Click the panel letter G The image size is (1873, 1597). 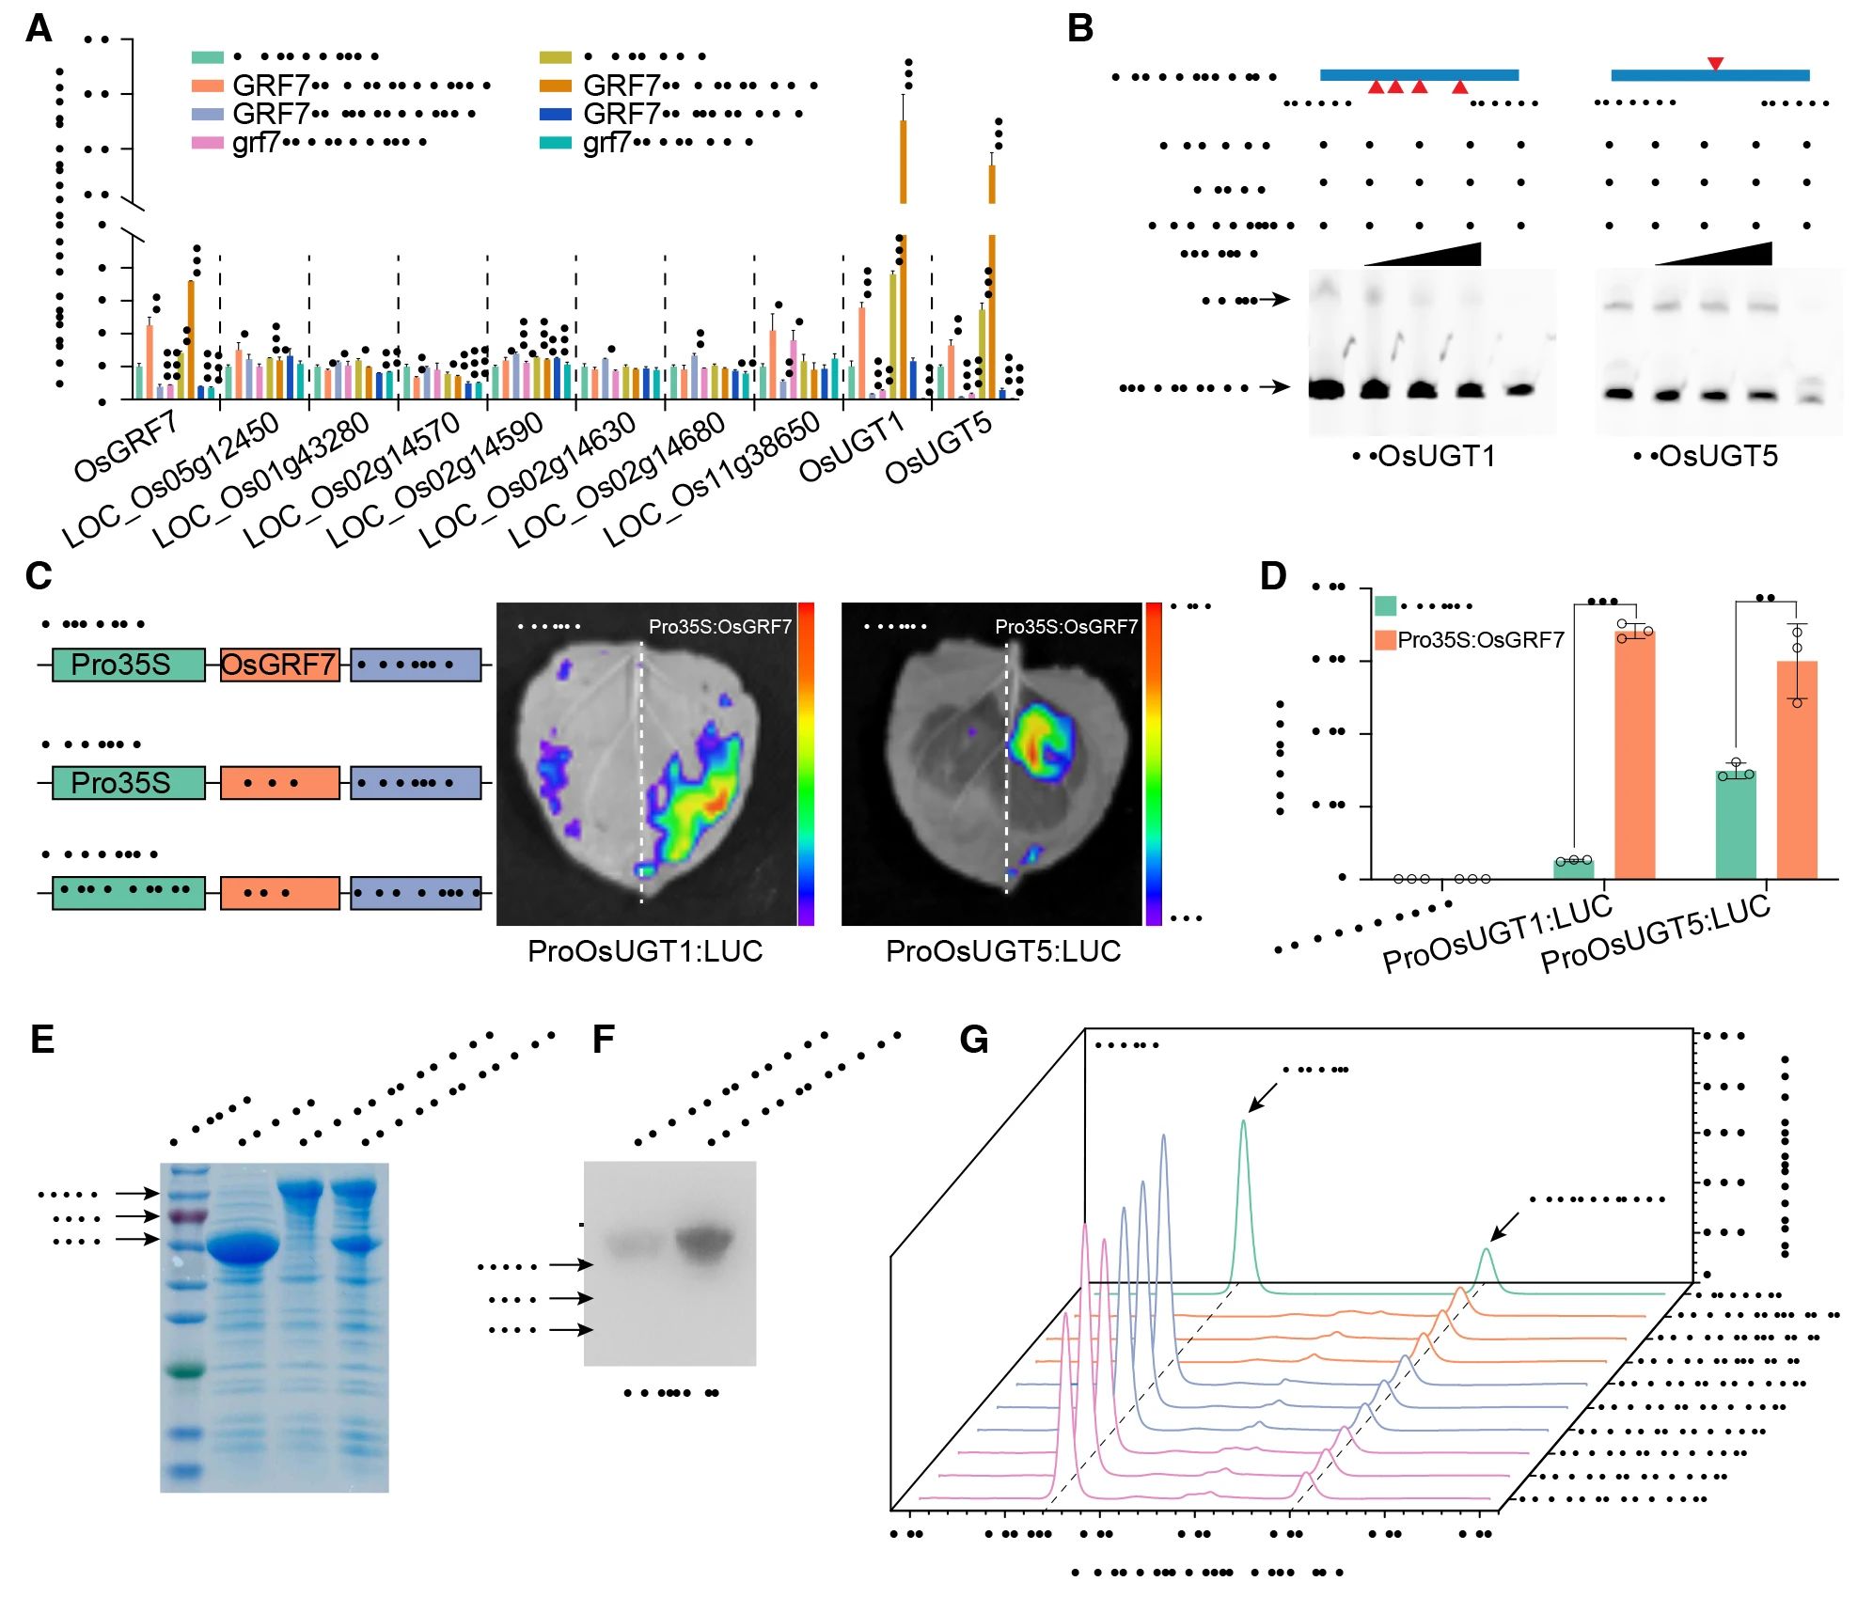point(974,1040)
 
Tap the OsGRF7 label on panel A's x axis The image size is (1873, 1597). point(125,446)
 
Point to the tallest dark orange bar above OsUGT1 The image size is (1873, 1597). point(903,160)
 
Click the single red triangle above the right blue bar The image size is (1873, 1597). point(1715,64)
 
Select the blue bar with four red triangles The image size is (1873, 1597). point(1419,74)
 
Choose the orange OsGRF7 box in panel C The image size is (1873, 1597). point(279,665)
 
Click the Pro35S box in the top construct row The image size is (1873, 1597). point(128,665)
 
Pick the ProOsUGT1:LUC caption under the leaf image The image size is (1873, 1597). point(645,951)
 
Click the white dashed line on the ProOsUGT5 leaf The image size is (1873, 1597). point(1006,771)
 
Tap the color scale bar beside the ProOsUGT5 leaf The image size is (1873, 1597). point(1154,763)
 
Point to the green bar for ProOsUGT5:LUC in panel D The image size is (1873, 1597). point(1735,825)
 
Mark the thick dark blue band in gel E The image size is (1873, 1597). point(243,1249)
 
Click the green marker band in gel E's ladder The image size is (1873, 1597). point(185,1371)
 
